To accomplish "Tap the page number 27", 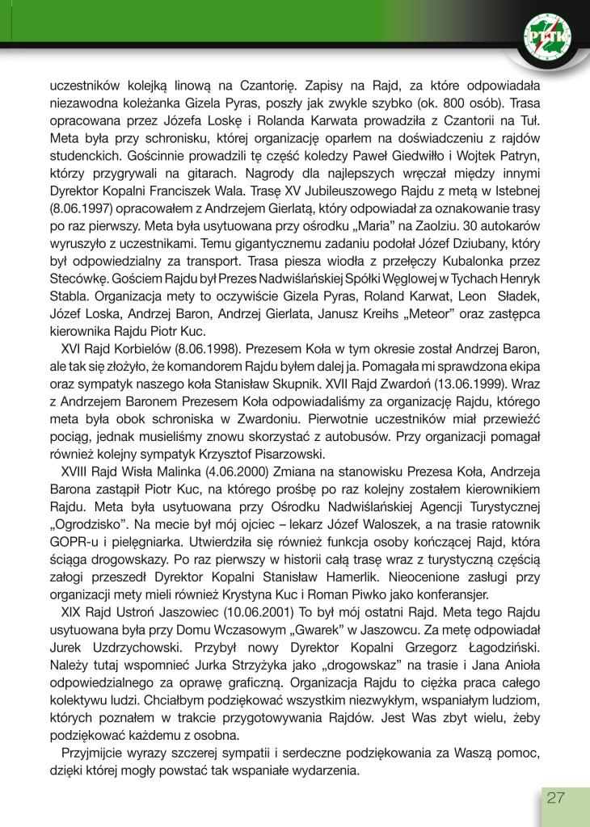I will click(555, 798).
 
